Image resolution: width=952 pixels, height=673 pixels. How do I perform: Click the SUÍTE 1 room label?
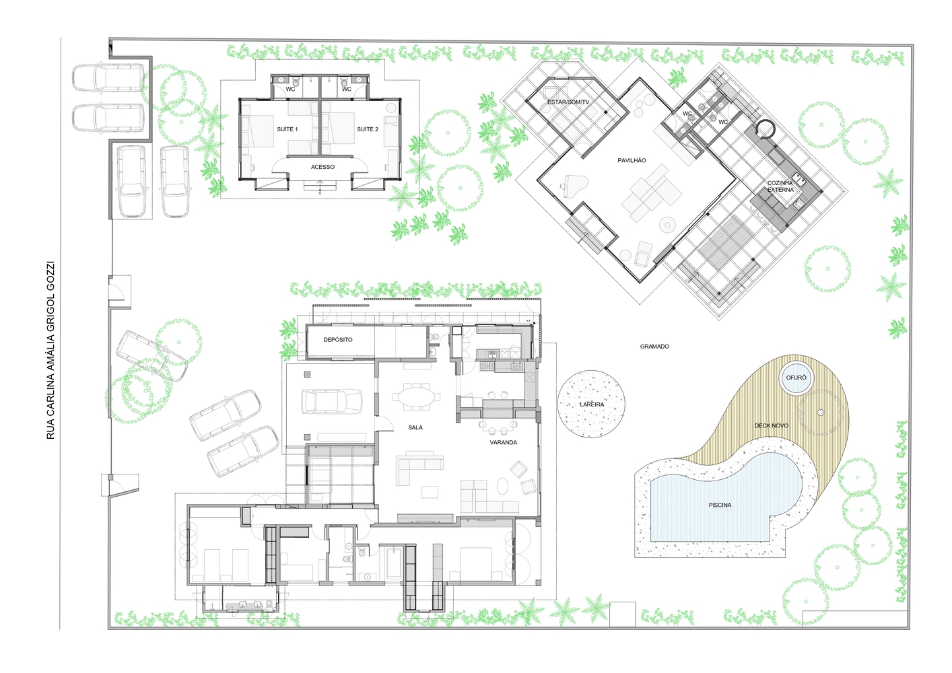[x=287, y=129]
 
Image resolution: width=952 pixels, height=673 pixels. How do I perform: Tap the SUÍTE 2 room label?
[x=367, y=129]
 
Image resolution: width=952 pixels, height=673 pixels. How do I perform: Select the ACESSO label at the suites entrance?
[x=322, y=167]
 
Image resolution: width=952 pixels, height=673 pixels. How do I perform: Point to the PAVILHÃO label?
[x=632, y=160]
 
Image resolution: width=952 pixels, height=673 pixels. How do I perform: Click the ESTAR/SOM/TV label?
[x=568, y=102]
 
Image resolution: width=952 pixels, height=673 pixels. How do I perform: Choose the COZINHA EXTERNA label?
[x=780, y=186]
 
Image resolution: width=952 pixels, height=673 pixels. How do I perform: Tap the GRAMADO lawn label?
[x=654, y=347]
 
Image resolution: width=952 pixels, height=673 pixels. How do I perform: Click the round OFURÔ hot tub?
[x=796, y=378]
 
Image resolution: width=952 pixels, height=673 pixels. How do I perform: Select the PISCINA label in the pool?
[x=720, y=505]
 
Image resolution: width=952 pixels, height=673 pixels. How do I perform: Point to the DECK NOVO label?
[x=772, y=425]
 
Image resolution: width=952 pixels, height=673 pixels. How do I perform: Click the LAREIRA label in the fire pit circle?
[x=592, y=404]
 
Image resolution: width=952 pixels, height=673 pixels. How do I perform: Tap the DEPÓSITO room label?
[x=338, y=339]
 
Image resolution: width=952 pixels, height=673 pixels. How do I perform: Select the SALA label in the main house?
[x=415, y=427]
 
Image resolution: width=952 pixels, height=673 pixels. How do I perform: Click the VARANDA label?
[x=503, y=442]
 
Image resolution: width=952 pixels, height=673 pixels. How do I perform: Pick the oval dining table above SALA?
[x=417, y=397]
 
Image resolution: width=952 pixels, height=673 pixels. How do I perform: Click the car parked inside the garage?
[x=331, y=401]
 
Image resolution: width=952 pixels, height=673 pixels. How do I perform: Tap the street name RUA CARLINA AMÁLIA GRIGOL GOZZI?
[x=50, y=350]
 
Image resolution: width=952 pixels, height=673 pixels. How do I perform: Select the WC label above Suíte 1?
[x=290, y=90]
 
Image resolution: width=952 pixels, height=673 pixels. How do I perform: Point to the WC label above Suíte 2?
[x=346, y=90]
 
